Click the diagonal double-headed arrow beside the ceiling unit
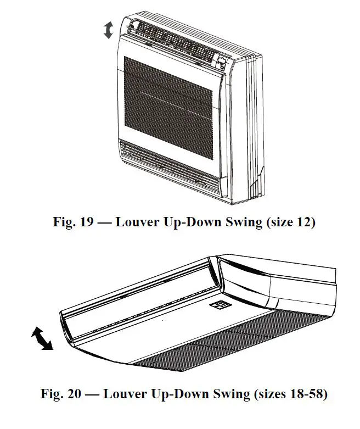click(42, 338)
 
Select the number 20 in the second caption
click(77, 394)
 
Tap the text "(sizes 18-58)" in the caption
click(290, 394)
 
